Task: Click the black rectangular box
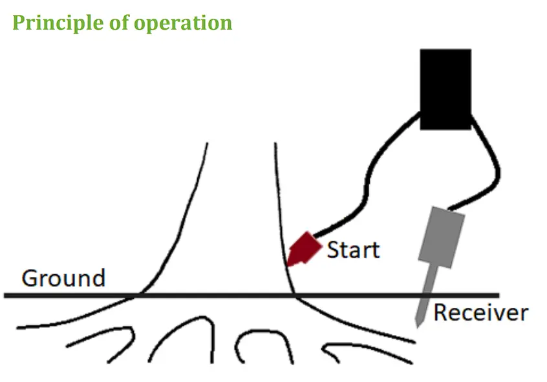point(445,89)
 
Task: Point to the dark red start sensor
point(304,248)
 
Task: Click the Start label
point(352,249)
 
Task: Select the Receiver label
point(480,313)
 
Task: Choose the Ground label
point(63,279)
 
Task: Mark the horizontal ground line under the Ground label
point(65,296)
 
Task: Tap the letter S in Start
point(334,249)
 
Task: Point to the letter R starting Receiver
point(441,313)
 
